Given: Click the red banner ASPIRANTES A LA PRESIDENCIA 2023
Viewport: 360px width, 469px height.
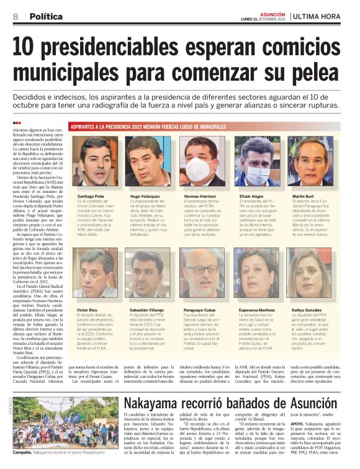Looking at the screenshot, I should coord(148,127).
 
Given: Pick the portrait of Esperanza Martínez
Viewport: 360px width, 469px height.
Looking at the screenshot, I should coord(256,274).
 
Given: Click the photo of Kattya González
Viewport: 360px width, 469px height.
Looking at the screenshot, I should coord(310,274).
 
